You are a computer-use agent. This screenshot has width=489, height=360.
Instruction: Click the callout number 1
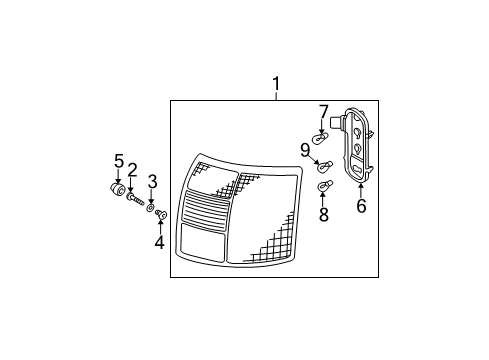pyautogui.click(x=276, y=84)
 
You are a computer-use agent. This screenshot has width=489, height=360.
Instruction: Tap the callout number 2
pyautogui.click(x=132, y=170)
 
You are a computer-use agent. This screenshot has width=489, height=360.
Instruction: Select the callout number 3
pyautogui.click(x=152, y=182)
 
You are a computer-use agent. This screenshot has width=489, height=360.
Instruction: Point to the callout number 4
pyautogui.click(x=160, y=242)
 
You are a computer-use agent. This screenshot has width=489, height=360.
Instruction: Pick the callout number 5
pyautogui.click(x=119, y=161)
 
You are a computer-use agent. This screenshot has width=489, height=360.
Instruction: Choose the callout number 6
pyautogui.click(x=361, y=205)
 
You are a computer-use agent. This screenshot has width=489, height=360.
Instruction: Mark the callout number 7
pyautogui.click(x=323, y=112)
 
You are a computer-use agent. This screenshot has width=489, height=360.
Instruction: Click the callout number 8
pyautogui.click(x=324, y=214)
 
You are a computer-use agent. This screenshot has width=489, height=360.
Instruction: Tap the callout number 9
pyautogui.click(x=305, y=150)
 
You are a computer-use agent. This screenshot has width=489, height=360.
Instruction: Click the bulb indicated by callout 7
pyautogui.click(x=320, y=137)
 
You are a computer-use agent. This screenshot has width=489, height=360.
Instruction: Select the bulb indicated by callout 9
pyautogui.click(x=325, y=166)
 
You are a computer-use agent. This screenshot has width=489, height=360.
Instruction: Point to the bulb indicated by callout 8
pyautogui.click(x=324, y=186)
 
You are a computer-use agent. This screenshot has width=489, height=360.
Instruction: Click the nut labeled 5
pyautogui.click(x=117, y=189)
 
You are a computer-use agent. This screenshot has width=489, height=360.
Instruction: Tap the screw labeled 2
pyautogui.click(x=135, y=200)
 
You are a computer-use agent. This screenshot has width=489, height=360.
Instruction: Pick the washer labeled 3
pyautogui.click(x=150, y=208)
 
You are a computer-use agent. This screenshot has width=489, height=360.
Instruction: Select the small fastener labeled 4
pyautogui.click(x=161, y=215)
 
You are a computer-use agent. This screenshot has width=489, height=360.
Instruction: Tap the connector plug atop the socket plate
pyautogui.click(x=336, y=122)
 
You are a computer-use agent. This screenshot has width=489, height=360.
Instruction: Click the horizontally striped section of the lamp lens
pyautogui.click(x=206, y=211)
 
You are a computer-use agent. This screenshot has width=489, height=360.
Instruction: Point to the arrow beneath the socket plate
pyautogui.click(x=361, y=190)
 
